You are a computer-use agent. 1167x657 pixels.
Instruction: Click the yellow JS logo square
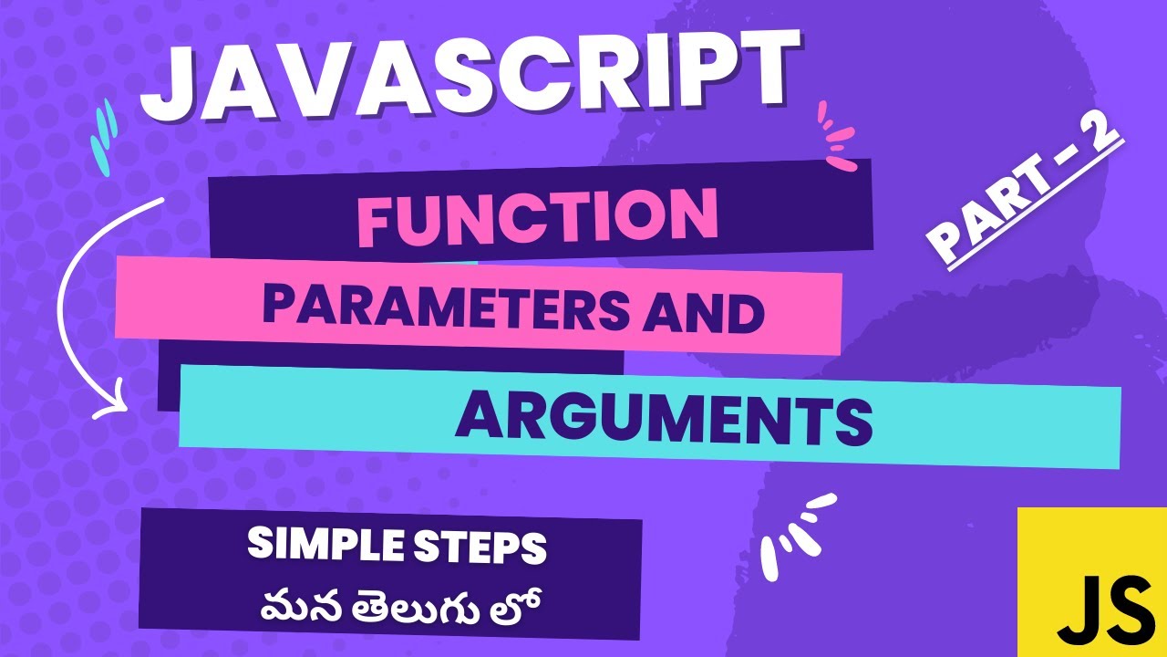(x=1092, y=581)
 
